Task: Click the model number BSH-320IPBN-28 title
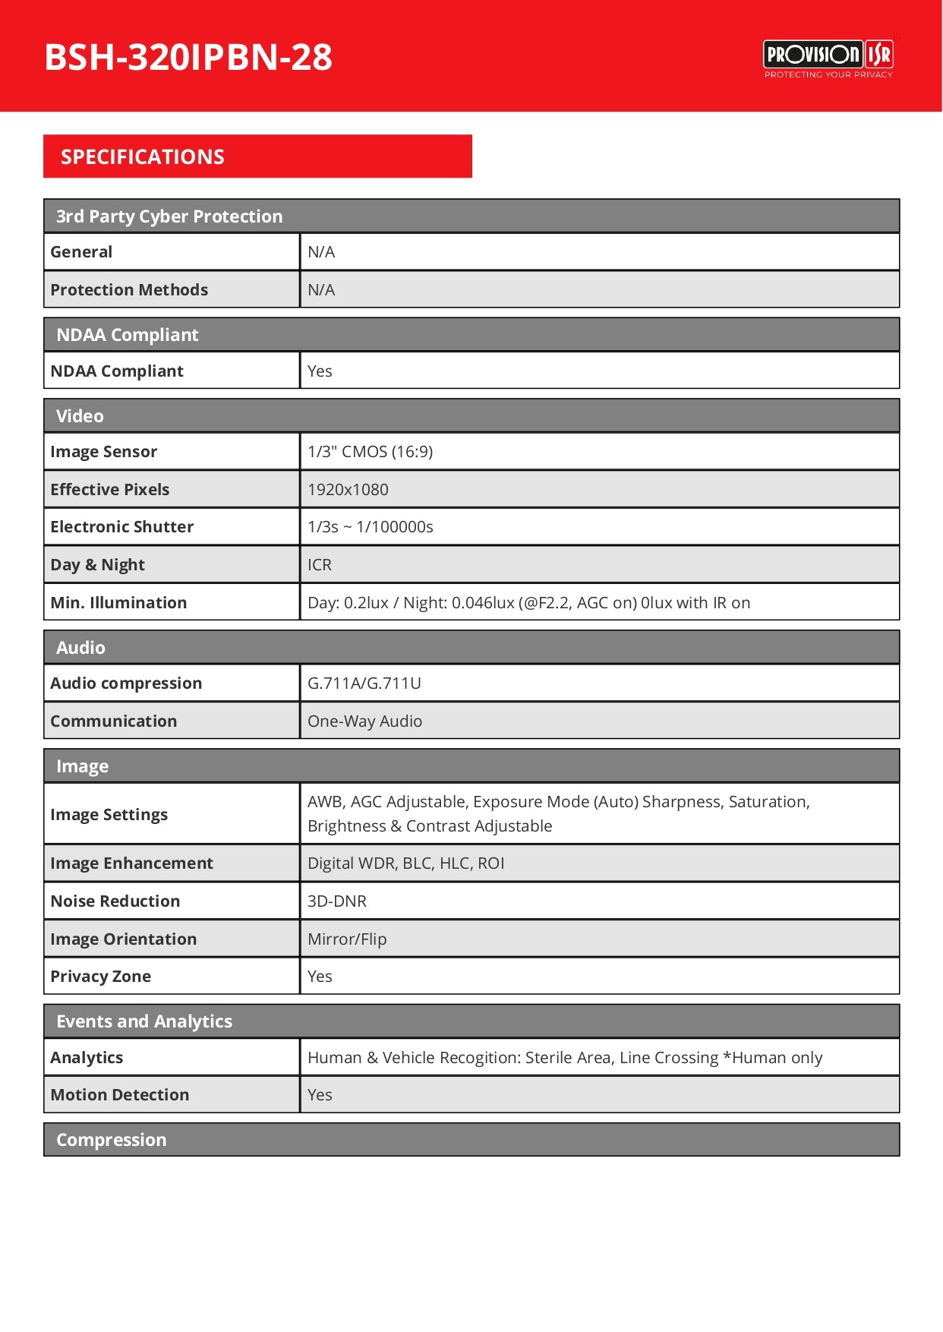pos(188,57)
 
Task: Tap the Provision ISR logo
pos(828,58)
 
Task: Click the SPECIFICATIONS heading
pos(143,157)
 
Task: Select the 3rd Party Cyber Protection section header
pos(169,216)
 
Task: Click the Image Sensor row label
pos(104,452)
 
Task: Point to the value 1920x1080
pos(348,490)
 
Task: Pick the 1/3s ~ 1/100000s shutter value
pos(371,527)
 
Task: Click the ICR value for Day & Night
pos(320,565)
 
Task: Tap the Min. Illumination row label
pos(118,603)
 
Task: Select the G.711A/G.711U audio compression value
pos(364,683)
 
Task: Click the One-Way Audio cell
pos(365,721)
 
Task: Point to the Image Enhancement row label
pos(131,863)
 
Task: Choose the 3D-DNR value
pos(337,901)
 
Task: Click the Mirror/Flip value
pos(347,939)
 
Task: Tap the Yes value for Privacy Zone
pos(320,977)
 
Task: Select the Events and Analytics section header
pos(144,1021)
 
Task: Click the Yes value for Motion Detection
pos(320,1095)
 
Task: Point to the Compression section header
pos(112,1140)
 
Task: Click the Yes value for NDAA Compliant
pos(320,371)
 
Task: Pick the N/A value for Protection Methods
pos(321,290)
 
